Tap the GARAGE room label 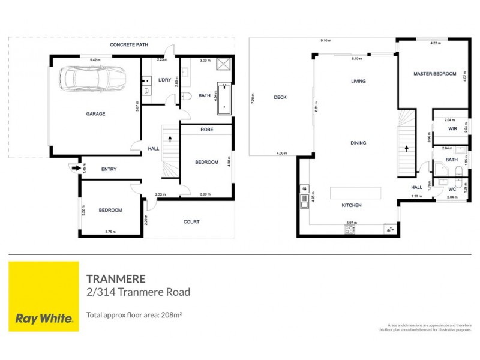(95, 113)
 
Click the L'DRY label (165, 80)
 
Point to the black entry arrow (74, 169)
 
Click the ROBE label (207, 130)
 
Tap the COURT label (191, 222)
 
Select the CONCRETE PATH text (129, 45)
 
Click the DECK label (279, 97)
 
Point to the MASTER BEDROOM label (432, 74)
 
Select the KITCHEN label (352, 206)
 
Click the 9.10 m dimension (326, 40)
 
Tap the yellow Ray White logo (44, 296)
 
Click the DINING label (358, 143)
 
